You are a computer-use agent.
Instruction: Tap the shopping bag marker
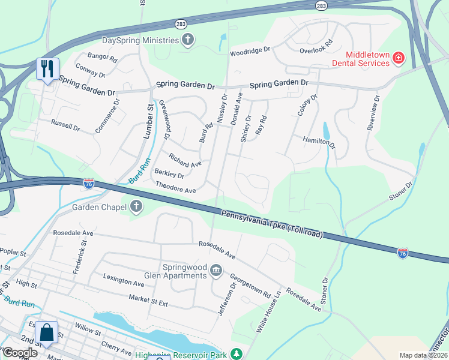(x=46, y=332)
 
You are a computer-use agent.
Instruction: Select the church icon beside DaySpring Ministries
(x=188, y=40)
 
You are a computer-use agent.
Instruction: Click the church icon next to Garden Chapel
(x=136, y=207)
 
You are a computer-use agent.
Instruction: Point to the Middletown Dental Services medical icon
(x=398, y=58)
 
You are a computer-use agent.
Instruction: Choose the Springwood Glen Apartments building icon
(x=215, y=271)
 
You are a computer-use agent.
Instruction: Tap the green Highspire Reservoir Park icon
(x=238, y=353)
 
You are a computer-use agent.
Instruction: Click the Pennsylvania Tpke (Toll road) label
(x=273, y=224)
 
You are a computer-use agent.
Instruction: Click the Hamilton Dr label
(x=319, y=142)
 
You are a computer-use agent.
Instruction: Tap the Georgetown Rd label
(x=250, y=286)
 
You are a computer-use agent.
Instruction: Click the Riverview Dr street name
(x=373, y=112)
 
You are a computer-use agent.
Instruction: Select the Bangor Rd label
(x=102, y=57)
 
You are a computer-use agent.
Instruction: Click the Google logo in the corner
(x=20, y=353)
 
